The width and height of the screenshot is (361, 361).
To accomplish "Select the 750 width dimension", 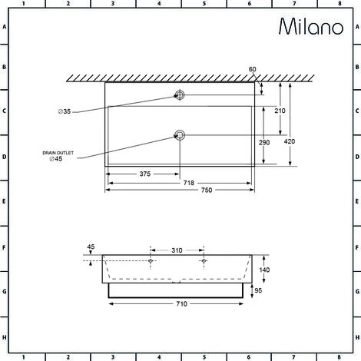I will point(179,190).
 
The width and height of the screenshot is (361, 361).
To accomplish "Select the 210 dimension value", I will point(280,111).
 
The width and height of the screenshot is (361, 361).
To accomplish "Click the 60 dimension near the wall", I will point(253,69).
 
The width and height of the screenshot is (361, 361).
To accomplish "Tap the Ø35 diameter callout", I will point(65,112).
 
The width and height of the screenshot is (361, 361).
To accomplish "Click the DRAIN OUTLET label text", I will point(58,154).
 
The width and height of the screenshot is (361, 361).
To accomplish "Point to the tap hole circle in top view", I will point(180,96).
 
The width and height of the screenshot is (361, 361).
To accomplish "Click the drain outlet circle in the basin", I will point(180,136).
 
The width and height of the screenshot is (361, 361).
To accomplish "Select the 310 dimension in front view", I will point(177,250).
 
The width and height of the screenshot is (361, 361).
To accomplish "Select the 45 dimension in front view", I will point(91,247).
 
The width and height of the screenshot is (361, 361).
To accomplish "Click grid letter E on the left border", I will point(5,202).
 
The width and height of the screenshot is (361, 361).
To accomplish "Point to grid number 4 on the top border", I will point(157,5).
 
